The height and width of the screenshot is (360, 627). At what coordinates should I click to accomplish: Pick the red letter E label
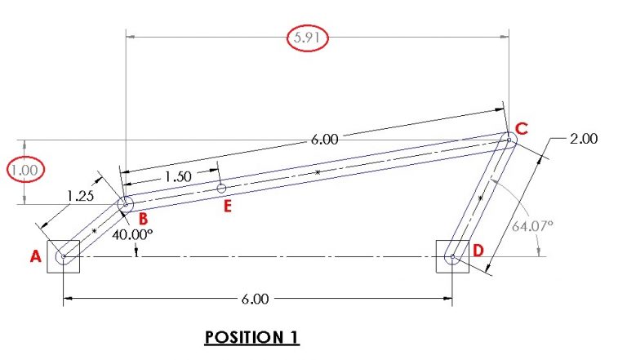(228, 206)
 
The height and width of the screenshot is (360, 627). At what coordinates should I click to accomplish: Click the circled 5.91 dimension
(308, 38)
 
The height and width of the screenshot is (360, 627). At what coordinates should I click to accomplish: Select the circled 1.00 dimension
(24, 171)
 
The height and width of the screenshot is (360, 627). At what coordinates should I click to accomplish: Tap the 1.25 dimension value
(81, 196)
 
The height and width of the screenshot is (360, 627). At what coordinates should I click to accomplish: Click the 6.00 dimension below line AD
(255, 300)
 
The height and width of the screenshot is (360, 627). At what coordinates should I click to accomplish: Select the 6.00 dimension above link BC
(323, 140)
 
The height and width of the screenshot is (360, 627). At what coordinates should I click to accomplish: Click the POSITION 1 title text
(251, 337)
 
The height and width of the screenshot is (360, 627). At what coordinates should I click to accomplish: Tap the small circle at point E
(220, 189)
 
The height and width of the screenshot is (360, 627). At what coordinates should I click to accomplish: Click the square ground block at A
(63, 256)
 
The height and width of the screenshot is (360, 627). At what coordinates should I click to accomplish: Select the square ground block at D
(452, 256)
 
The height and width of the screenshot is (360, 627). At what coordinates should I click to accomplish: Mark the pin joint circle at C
(508, 140)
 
